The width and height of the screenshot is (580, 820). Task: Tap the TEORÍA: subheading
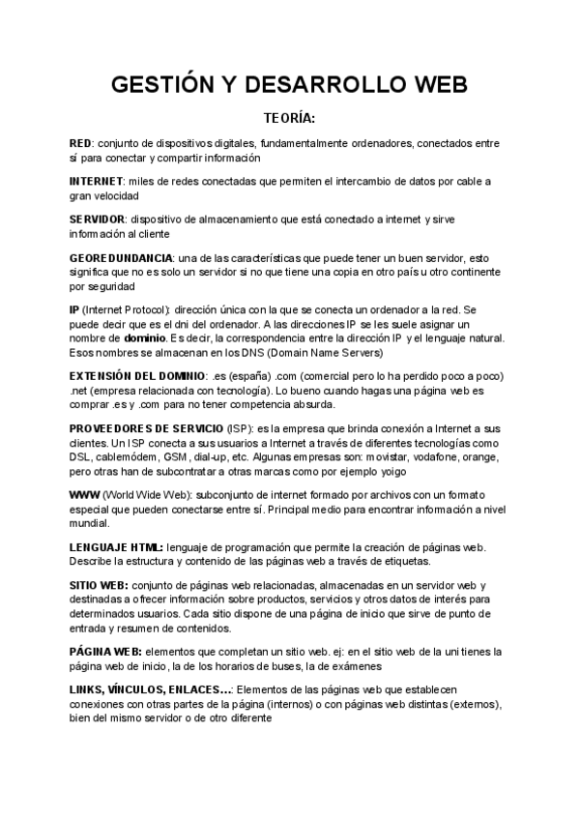pos(290,119)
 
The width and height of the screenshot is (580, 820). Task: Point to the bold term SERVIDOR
pos(98,220)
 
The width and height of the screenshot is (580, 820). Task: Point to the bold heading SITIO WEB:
pos(99,586)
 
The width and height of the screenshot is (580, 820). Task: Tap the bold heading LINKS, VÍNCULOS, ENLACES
pos(150,689)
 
